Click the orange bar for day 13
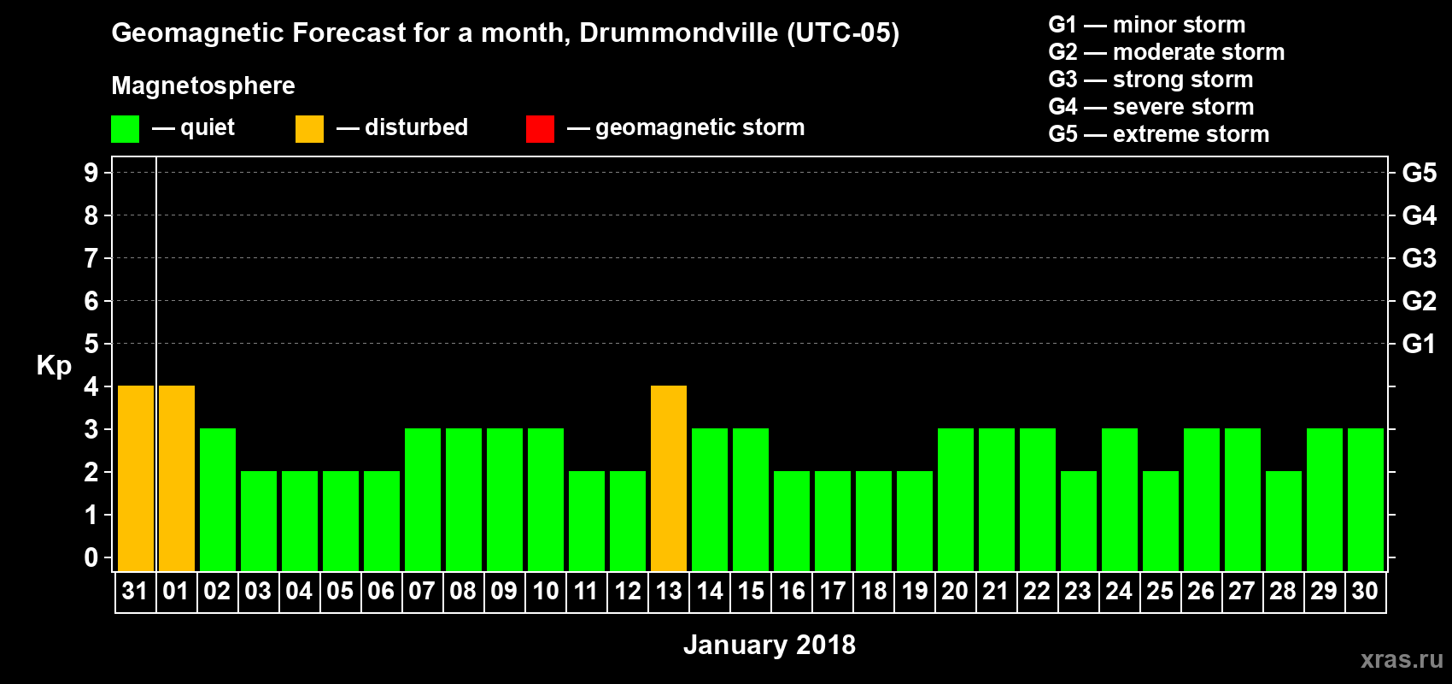coord(669,479)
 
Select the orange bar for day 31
coord(136,479)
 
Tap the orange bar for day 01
coord(177,479)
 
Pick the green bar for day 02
coord(218,500)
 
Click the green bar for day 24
coord(1120,500)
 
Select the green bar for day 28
coord(1284,522)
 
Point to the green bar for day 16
coord(792,522)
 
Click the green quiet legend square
coord(125,129)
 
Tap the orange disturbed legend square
coord(309,129)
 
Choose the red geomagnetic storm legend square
coord(540,129)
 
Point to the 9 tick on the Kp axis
coord(91,173)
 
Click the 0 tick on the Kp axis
coord(91,558)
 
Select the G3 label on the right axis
coord(1419,258)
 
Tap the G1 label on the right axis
coord(1419,344)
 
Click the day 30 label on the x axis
coord(1365,591)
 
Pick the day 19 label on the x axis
coord(914,591)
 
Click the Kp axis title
coord(54,365)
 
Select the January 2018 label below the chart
coord(769,645)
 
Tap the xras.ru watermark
coord(1402,659)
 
